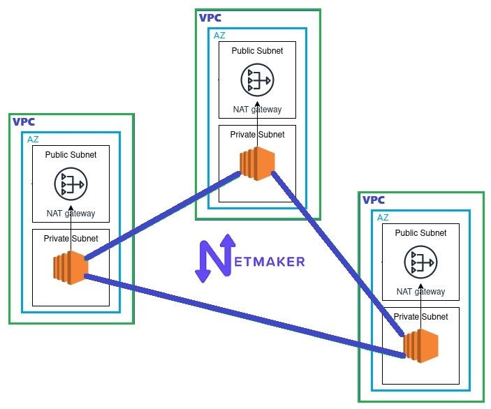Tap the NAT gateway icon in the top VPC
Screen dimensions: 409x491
[x=257, y=80]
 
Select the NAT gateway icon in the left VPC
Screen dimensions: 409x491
[x=71, y=184]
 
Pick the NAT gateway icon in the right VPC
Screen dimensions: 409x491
[x=420, y=262]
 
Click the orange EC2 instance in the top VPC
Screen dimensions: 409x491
[x=257, y=164]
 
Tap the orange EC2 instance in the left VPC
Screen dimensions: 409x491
[x=71, y=268]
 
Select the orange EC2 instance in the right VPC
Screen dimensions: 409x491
[x=420, y=345]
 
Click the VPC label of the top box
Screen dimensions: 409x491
[x=211, y=18]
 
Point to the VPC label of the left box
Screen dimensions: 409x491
[x=24, y=121]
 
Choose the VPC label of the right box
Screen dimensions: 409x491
[x=374, y=200]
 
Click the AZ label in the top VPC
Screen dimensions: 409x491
[x=219, y=35]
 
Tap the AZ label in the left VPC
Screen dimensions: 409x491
[x=33, y=139]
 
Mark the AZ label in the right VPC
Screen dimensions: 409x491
[x=383, y=217]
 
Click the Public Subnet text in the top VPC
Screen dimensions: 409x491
[x=257, y=51]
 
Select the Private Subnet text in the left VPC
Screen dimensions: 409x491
[x=71, y=238]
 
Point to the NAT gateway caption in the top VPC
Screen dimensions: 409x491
[x=257, y=109]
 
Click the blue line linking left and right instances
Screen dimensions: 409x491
[x=244, y=315]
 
